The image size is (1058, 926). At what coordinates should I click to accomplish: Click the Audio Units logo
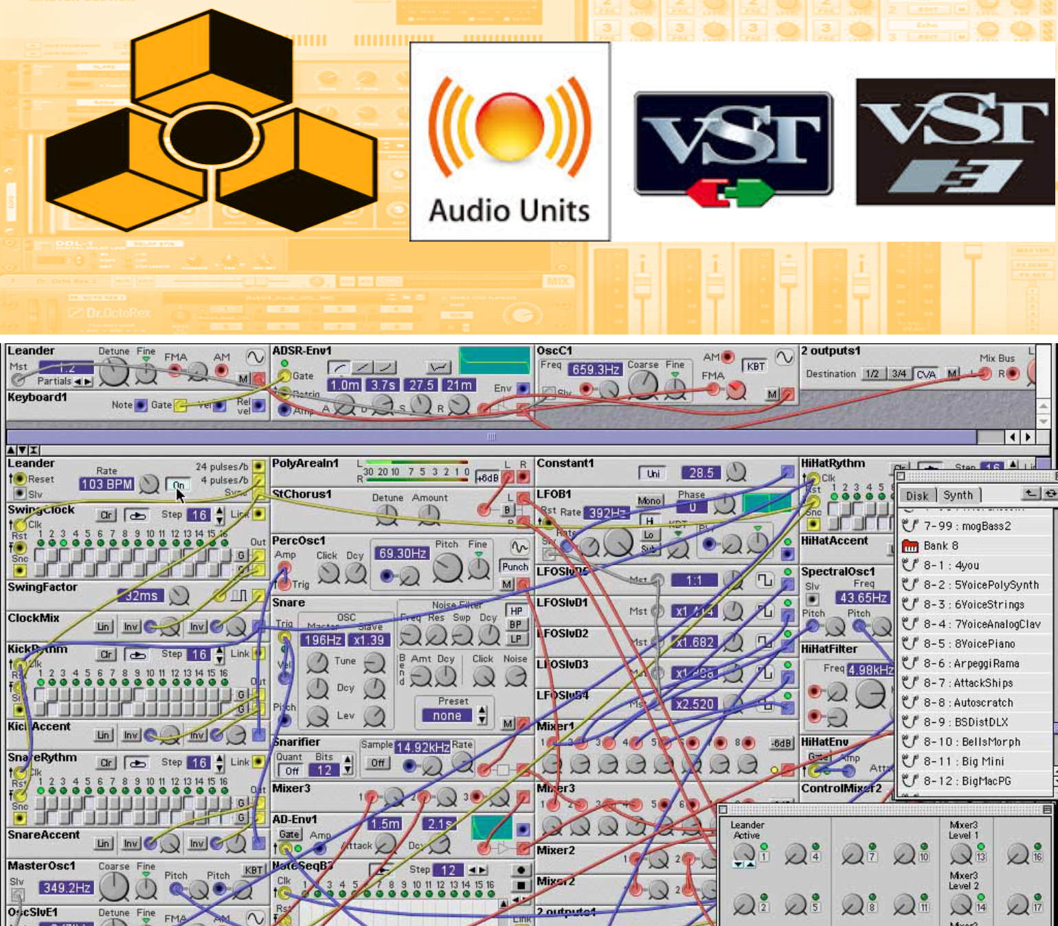click(x=509, y=142)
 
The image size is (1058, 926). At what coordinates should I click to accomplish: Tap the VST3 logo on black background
click(x=956, y=141)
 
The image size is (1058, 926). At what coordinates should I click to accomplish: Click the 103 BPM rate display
click(x=106, y=484)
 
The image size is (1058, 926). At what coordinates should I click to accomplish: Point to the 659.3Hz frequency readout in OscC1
click(x=596, y=369)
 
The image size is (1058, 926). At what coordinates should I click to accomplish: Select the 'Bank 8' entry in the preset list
click(x=940, y=546)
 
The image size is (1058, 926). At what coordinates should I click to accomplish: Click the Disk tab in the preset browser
click(x=916, y=496)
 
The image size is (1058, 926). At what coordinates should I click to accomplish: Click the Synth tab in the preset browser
click(x=958, y=495)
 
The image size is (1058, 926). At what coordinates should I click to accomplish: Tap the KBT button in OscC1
click(x=756, y=366)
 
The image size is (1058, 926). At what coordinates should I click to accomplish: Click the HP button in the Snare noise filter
click(x=516, y=611)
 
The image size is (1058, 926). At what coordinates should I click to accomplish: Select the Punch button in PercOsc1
click(x=515, y=566)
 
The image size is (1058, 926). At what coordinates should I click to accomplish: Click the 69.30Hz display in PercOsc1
click(x=403, y=553)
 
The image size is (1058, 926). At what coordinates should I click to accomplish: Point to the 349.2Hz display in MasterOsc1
click(x=67, y=888)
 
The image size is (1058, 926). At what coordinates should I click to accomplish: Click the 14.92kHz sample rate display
click(x=423, y=748)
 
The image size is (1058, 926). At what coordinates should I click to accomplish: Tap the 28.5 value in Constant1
click(x=701, y=473)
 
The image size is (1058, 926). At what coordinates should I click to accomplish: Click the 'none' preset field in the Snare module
click(x=447, y=716)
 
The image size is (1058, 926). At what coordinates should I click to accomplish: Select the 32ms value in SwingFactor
click(x=141, y=596)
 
